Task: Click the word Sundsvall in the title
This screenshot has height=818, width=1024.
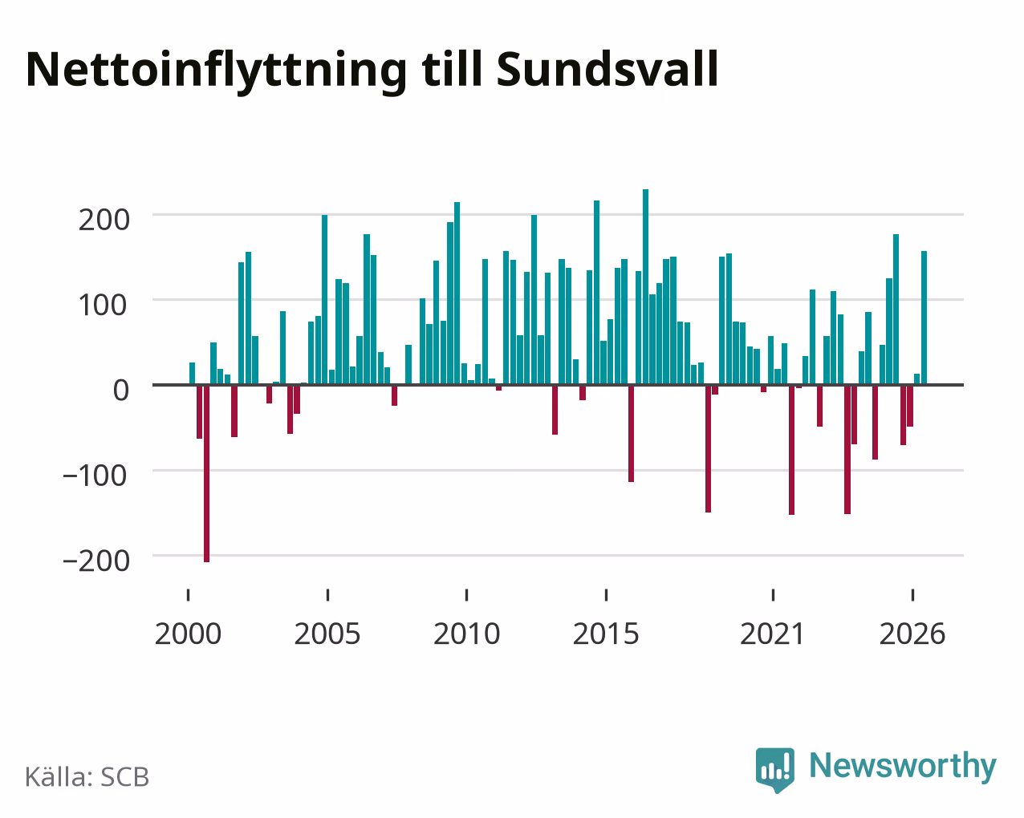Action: click(x=607, y=70)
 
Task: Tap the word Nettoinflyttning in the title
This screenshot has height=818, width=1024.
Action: click(x=216, y=72)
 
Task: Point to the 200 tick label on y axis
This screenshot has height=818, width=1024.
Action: click(x=104, y=221)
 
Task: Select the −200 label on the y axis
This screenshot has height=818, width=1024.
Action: click(x=96, y=561)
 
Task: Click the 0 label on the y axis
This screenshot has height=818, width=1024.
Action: click(x=121, y=391)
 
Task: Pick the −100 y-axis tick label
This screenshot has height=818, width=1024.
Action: click(x=96, y=476)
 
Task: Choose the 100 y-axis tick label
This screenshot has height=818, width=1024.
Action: click(x=104, y=306)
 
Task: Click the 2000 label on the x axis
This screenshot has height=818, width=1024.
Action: click(x=188, y=634)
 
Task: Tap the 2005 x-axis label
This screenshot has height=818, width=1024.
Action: click(x=327, y=634)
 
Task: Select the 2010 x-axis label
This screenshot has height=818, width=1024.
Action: click(x=467, y=634)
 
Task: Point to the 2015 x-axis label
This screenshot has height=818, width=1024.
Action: click(x=606, y=634)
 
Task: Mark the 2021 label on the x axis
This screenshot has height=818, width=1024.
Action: click(x=773, y=634)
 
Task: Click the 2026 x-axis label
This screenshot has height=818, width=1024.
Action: click(x=912, y=634)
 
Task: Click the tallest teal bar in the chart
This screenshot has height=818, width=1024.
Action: click(x=645, y=287)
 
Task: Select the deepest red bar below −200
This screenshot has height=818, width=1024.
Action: click(x=206, y=473)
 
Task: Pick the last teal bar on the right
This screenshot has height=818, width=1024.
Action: click(x=924, y=318)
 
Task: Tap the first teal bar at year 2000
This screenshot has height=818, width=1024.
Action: click(x=193, y=374)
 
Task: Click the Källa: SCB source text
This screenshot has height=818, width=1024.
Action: click(x=87, y=777)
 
